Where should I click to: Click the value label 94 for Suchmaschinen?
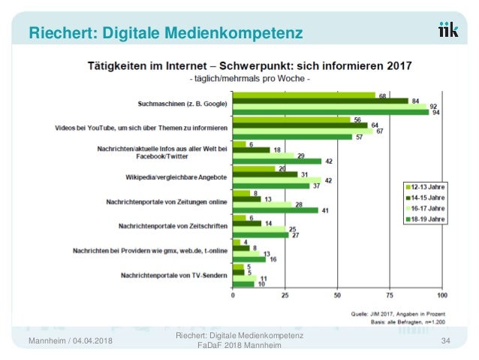(x=435, y=113)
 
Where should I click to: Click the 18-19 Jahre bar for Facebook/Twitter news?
(x=277, y=161)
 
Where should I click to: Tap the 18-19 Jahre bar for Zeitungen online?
(x=276, y=210)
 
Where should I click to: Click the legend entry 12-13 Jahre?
(x=426, y=186)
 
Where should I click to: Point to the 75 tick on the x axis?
(x=389, y=295)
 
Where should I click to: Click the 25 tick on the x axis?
(x=285, y=295)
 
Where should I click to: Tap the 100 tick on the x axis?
(x=441, y=295)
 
